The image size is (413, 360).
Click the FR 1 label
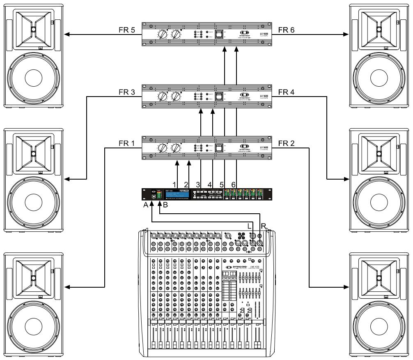[123, 143]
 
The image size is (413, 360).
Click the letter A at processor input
[146, 207]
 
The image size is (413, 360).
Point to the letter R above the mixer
[263, 225]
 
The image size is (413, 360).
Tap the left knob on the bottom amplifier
[163, 148]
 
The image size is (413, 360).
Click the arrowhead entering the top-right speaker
[346, 35]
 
